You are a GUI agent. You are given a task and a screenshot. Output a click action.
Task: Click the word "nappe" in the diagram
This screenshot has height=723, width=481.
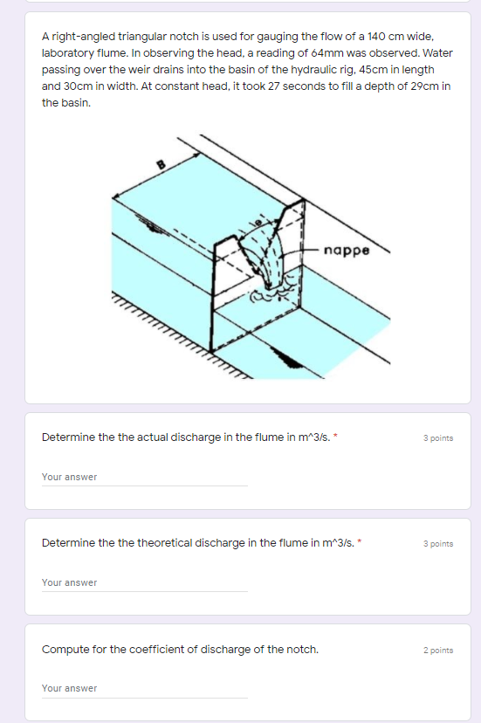(347, 251)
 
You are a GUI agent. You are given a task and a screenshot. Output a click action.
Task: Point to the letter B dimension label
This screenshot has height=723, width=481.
(161, 164)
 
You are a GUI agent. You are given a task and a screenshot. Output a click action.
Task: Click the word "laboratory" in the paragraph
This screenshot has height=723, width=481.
(68, 53)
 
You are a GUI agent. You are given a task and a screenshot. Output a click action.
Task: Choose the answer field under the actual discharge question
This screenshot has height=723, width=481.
(144, 478)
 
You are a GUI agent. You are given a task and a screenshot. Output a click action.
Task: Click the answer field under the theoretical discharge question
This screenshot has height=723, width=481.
(144, 583)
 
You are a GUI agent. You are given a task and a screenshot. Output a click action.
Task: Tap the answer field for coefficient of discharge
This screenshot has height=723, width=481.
(144, 689)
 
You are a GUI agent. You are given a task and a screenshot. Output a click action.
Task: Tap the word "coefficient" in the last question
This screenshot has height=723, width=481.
(138, 650)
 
